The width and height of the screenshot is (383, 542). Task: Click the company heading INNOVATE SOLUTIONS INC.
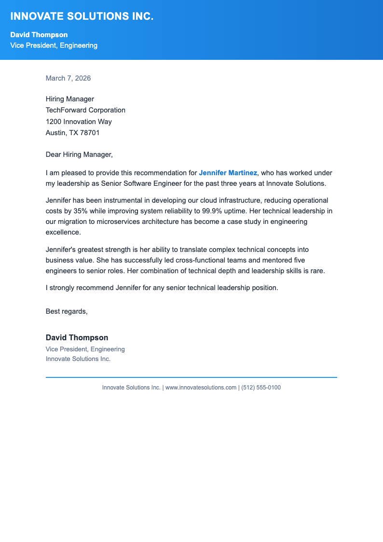(x=82, y=16)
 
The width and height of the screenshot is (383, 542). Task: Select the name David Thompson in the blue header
(x=39, y=35)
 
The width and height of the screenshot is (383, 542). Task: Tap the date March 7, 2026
(x=68, y=78)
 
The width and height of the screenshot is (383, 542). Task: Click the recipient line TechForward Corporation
(x=85, y=110)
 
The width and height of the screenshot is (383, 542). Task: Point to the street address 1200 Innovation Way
(x=79, y=122)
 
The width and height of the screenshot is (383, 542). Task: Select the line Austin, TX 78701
(x=72, y=133)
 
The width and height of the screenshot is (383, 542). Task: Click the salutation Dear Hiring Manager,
(x=79, y=154)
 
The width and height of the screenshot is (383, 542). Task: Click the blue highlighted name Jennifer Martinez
(x=228, y=173)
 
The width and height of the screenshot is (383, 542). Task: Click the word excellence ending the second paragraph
(x=63, y=232)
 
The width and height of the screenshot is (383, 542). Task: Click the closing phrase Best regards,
(x=67, y=311)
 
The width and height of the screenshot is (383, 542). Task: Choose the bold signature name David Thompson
(x=77, y=338)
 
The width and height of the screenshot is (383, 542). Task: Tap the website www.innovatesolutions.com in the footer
(x=201, y=388)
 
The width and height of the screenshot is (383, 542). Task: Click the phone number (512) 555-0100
(x=260, y=388)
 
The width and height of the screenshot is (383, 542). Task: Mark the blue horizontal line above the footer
(x=191, y=377)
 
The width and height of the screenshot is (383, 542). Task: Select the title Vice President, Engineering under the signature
(x=85, y=349)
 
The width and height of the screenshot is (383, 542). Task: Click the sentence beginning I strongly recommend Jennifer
(x=162, y=288)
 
